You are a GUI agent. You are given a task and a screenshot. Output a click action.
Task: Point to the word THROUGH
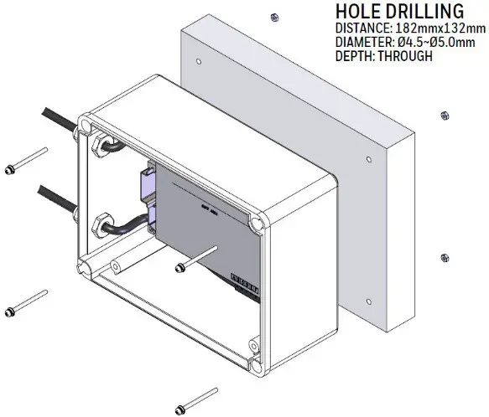coord(406,56)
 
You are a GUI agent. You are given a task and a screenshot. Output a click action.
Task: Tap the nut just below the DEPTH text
coord(444,115)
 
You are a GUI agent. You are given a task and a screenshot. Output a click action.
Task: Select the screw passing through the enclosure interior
coord(197,259)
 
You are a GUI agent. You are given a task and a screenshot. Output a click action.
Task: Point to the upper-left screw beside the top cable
coord(25,163)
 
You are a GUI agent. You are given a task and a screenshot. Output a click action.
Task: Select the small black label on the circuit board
coord(243,275)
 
